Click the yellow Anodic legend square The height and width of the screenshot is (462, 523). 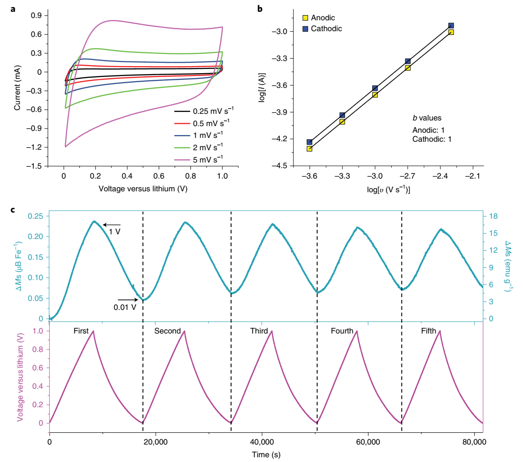click(x=305, y=18)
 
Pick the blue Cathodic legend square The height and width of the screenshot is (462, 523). click(x=305, y=29)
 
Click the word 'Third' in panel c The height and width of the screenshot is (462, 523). click(x=259, y=331)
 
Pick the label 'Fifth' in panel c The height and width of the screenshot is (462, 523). click(x=429, y=331)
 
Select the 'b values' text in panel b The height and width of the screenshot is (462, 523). click(x=428, y=118)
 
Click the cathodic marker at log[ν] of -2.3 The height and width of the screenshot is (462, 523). click(x=451, y=26)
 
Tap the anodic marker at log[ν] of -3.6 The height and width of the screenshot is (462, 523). click(x=309, y=148)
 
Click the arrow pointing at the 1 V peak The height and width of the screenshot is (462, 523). click(x=112, y=224)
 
